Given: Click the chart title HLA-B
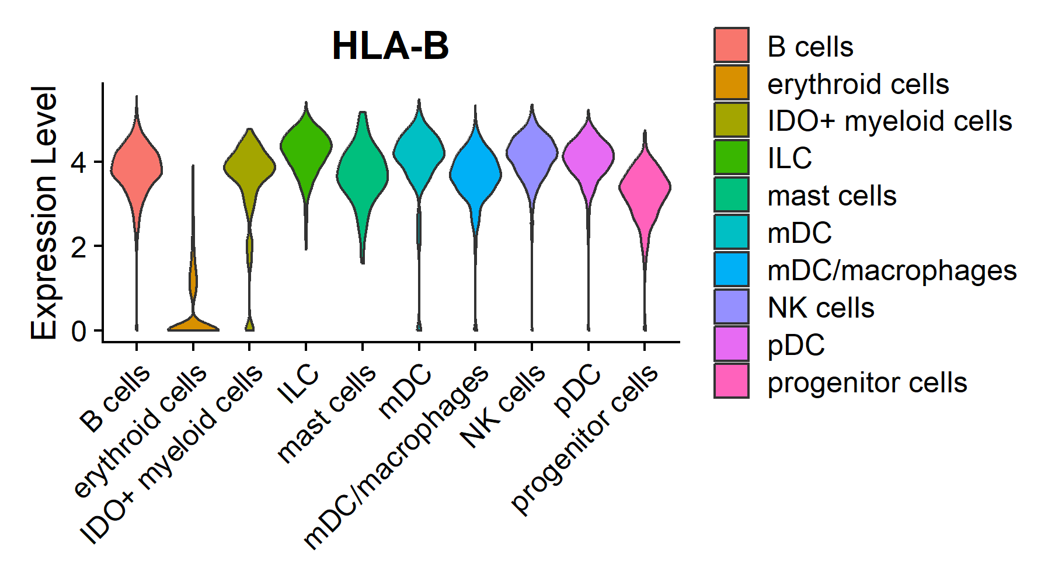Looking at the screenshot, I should point(390,46).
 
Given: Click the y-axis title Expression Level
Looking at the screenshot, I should point(44,213).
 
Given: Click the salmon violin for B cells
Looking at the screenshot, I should point(137,169).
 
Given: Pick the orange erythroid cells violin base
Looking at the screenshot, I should point(193,325).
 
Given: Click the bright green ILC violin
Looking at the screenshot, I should point(306,146).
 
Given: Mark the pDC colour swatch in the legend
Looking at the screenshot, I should point(731,344).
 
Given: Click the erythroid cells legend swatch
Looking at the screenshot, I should point(731,83).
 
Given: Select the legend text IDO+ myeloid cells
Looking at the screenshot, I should point(889,121).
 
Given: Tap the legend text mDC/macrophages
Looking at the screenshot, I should point(892,270).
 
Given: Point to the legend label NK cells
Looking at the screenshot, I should point(820,308).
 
